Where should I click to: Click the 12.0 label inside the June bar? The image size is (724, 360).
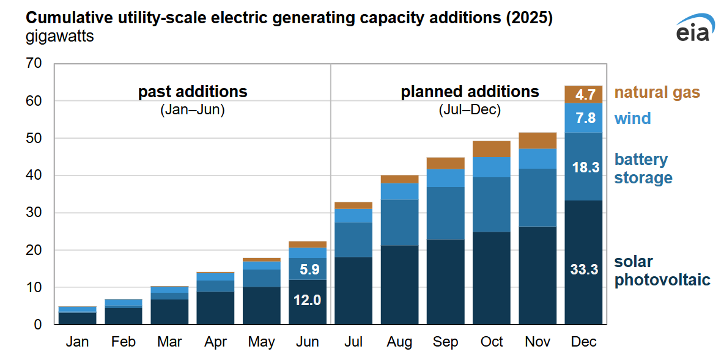(308, 300)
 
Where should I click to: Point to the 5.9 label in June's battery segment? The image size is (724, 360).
(308, 268)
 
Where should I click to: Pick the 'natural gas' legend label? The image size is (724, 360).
(657, 93)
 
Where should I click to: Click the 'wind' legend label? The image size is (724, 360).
(632, 119)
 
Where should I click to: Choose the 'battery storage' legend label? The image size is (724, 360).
(643, 169)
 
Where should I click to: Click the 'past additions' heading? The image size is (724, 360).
(193, 92)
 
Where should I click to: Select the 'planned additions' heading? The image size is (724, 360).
(470, 92)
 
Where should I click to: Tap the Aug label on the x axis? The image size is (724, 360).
(399, 342)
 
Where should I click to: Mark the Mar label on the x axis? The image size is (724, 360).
(169, 342)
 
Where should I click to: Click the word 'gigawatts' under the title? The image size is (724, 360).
(60, 37)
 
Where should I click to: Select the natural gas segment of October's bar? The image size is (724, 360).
(492, 149)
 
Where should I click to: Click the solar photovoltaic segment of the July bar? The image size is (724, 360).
(353, 290)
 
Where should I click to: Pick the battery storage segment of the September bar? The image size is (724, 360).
(445, 213)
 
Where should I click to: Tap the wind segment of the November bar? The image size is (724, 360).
(537, 158)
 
